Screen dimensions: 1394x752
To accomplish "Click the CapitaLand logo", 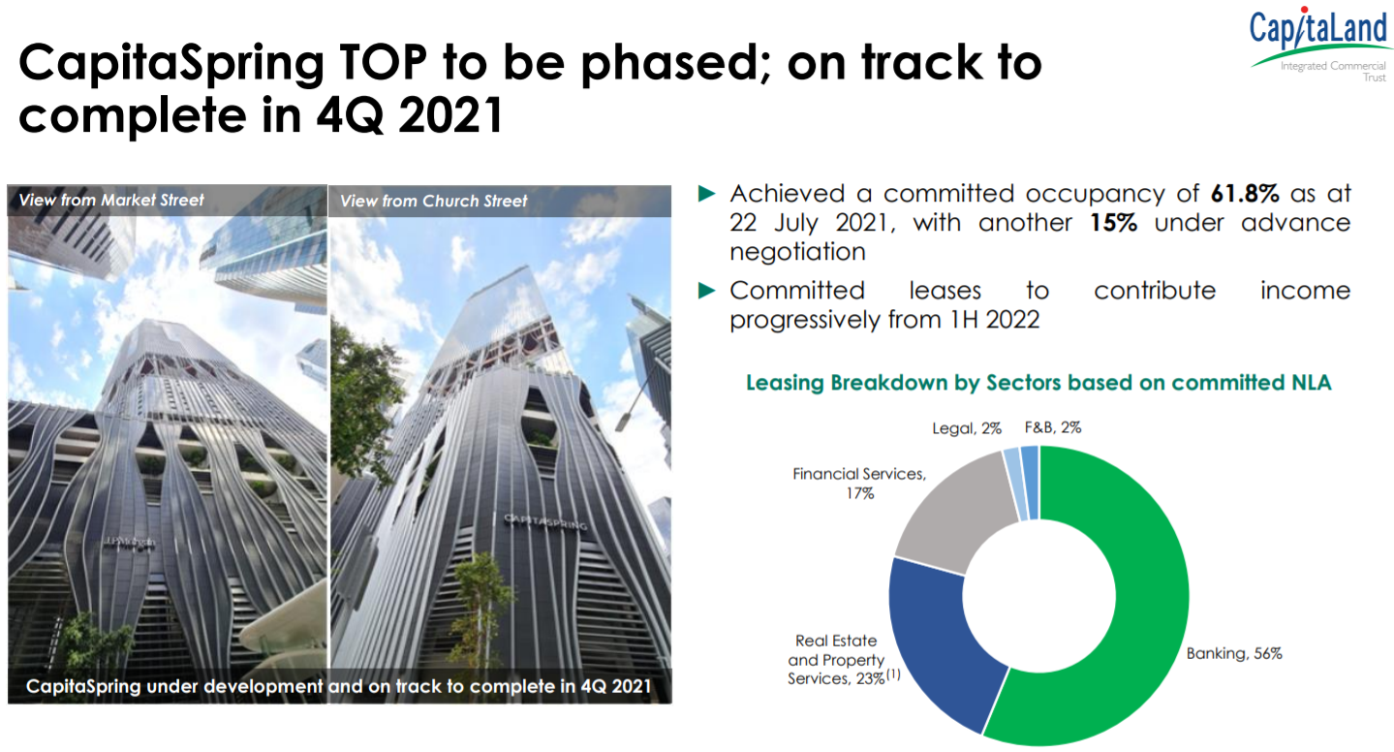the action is tap(1319, 45).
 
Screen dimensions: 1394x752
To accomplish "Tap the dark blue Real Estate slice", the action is tap(934, 642).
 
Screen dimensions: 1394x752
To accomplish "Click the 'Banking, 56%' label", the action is tap(1234, 654).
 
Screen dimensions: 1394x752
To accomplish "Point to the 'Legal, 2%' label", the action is tap(967, 428).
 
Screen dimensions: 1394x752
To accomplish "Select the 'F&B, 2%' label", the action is tap(1053, 427).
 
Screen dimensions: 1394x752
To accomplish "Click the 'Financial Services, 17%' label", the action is tap(859, 484).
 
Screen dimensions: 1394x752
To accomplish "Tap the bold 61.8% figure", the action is tap(1245, 194).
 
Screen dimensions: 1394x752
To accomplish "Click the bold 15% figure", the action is tap(1113, 223).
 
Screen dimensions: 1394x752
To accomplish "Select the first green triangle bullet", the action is tap(706, 194).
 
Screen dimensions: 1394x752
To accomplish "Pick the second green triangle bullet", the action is tap(706, 290).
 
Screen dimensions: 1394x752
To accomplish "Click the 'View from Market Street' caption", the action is tap(111, 200).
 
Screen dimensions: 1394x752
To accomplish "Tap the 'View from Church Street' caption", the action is tap(434, 201).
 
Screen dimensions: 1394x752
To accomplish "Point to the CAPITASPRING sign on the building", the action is tap(545, 521).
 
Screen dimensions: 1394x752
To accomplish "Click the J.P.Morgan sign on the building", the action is tap(129, 544).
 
